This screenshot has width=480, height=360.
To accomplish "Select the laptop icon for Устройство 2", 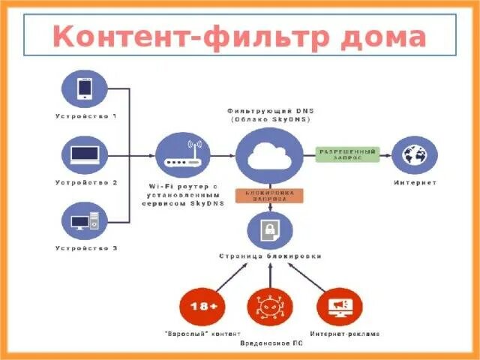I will pyautogui.click(x=85, y=155).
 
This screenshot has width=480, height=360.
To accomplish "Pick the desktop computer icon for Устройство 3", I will pyautogui.click(x=85, y=221).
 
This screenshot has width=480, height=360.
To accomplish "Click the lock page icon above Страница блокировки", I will pyautogui.click(x=270, y=231).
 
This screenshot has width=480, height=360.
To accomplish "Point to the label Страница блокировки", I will pyautogui.click(x=270, y=256).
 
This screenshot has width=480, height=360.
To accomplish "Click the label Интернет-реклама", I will pyautogui.click(x=345, y=334).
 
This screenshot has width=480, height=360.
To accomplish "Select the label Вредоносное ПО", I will pyautogui.click(x=271, y=343).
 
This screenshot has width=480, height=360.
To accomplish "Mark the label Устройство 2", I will pyautogui.click(x=86, y=182).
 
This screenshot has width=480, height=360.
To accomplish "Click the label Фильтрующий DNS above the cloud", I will pyautogui.click(x=270, y=109).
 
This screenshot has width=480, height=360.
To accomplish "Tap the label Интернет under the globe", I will pyautogui.click(x=415, y=182).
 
